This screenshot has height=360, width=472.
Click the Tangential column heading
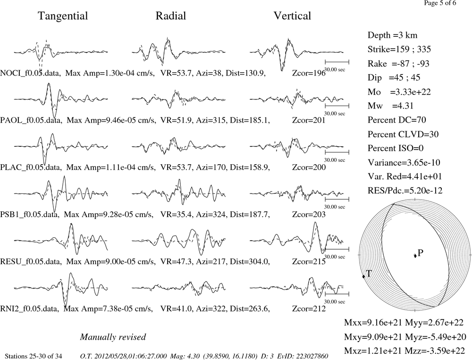coord(63,16)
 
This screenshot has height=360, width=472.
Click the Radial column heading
coord(171,16)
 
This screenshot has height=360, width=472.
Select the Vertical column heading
coord(292,16)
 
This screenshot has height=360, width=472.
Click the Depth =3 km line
coord(393,35)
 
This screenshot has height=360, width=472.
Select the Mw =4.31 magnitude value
coord(391,106)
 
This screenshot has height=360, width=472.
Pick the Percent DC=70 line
coord(397,120)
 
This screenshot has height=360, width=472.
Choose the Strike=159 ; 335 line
coord(399,50)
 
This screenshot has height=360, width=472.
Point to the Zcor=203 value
coord(309,214)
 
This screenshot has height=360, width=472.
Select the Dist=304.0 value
coord(250,261)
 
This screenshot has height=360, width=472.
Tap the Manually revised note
coord(113,337)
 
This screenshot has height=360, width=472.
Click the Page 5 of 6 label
coord(440,3)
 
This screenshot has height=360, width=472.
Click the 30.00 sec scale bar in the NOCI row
coord(337,62)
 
